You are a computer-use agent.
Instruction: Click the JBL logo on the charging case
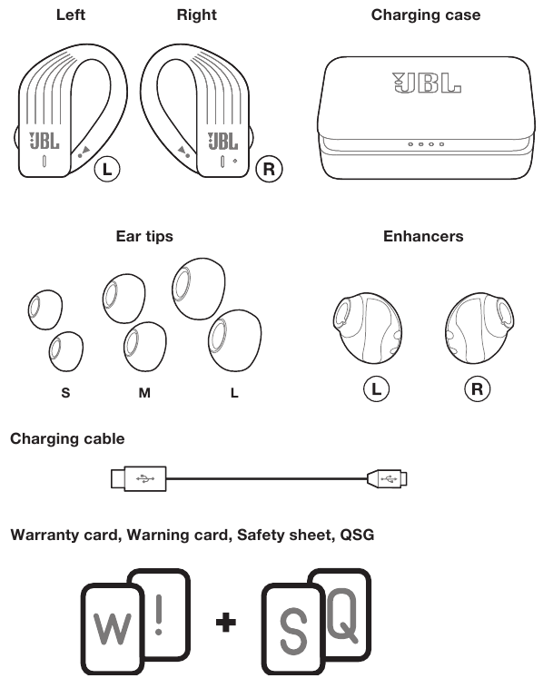point(426,83)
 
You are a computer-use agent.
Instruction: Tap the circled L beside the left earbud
point(107,169)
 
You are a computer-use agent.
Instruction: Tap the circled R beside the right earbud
point(269,169)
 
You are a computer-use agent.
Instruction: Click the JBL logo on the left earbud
point(44,141)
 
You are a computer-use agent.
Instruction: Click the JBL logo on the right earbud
point(222,141)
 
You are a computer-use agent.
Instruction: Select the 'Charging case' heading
point(426,15)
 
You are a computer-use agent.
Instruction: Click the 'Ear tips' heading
point(144,236)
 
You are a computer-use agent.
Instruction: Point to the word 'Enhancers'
point(423,236)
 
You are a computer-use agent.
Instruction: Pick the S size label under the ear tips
point(65,392)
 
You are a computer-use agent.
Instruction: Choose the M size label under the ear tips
point(144,392)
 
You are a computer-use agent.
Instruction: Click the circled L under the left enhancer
point(376,388)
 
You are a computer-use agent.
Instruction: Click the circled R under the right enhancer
point(477,388)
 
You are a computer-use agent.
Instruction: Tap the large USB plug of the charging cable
point(139,478)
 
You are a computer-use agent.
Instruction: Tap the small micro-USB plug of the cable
point(387,478)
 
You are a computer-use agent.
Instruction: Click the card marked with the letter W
point(113,629)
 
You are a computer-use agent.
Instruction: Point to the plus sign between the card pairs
point(226,622)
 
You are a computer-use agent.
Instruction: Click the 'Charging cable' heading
point(67,438)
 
